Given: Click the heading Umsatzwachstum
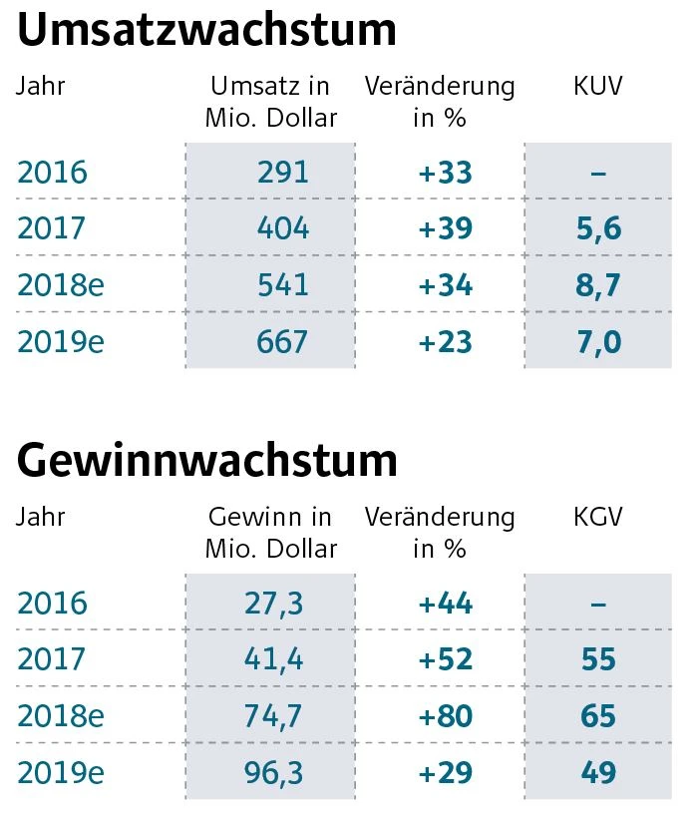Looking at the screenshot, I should coord(206,31).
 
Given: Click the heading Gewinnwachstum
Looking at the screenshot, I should coord(206,461).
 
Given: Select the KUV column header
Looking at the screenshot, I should coord(598,87).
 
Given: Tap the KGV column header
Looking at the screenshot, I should coord(598,518).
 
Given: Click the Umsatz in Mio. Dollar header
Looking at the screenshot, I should coord(270,102).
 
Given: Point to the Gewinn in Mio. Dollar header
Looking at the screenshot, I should coord(270,533).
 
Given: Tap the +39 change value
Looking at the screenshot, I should coord(445,229).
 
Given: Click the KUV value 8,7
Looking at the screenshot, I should coord(598,285).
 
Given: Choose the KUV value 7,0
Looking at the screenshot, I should coord(598,342).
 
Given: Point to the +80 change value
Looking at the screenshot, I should coord(445,716).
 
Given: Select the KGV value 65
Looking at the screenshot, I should coord(598,716).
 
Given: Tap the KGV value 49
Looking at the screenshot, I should coord(598,772).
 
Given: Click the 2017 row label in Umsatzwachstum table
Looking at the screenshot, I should coord(52,229).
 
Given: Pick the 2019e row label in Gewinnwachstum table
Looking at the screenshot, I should coord(61,772).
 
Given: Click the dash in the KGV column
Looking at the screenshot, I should coord(598,604).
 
